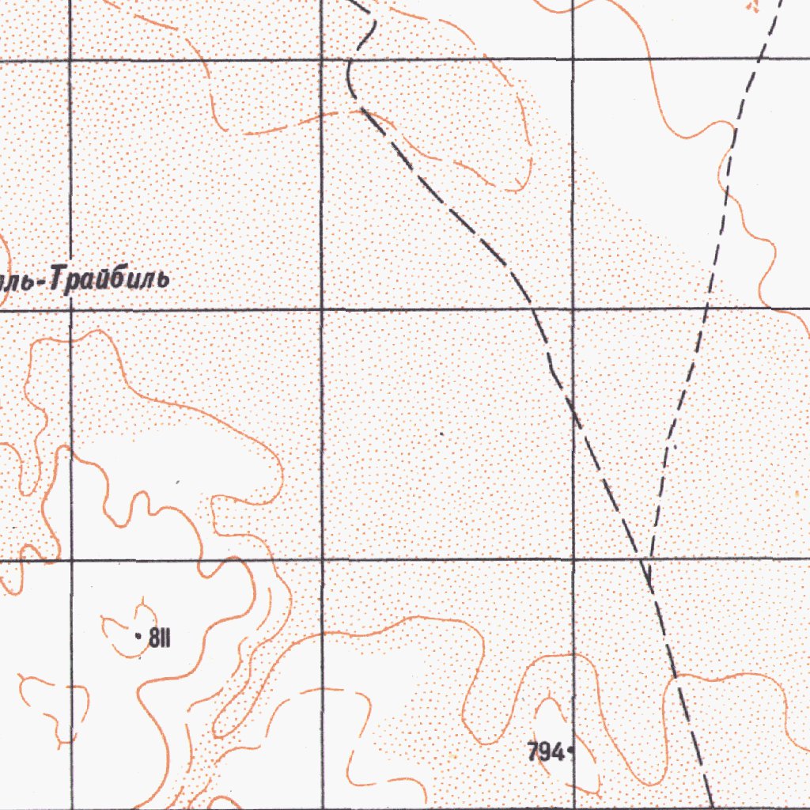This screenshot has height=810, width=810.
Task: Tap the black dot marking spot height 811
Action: tap(139, 635)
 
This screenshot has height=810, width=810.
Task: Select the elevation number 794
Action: tap(545, 752)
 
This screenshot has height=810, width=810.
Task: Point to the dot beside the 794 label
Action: tap(570, 753)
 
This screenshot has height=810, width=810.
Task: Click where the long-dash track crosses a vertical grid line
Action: tap(572, 405)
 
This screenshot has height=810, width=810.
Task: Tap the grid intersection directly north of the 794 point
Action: tap(572, 559)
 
